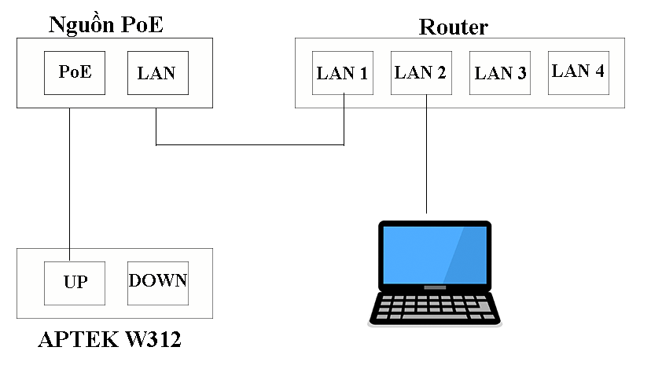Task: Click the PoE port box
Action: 75,73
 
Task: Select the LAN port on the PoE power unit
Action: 158,73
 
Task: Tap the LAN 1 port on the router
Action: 343,73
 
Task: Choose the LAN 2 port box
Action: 421,73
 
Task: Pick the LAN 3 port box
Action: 500,73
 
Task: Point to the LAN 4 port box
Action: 579,73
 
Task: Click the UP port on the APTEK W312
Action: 75,283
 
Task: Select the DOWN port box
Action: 158,283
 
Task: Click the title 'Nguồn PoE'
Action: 106,25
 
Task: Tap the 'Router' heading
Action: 454,27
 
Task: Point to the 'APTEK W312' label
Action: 109,339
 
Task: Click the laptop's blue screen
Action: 435,255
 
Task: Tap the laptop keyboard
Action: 435,307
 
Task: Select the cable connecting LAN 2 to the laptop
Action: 426,154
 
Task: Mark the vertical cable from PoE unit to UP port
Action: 69,184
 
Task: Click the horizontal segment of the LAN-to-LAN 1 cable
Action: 250,144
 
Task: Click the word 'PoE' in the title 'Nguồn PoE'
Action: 142,25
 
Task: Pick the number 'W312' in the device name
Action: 153,339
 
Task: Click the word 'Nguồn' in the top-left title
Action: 82,25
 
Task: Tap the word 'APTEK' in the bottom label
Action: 79,339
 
